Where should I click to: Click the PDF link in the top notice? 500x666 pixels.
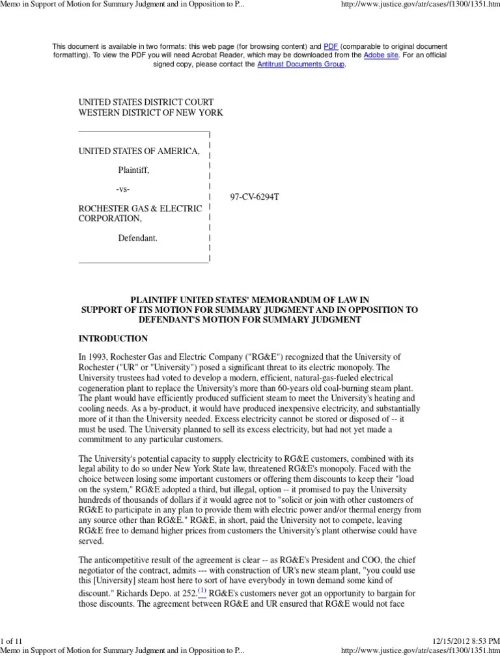coord(331,47)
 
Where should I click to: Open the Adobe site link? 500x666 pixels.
coord(380,56)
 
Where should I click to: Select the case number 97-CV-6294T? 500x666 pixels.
coord(256,196)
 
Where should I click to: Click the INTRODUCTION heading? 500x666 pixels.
coord(113,339)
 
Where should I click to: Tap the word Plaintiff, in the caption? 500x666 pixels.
coord(133,171)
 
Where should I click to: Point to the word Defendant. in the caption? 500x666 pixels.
coord(137,238)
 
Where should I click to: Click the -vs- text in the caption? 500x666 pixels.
coord(124,189)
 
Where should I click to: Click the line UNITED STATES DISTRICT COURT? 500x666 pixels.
coord(146,103)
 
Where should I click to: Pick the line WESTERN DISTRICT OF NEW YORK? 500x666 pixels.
coord(150,113)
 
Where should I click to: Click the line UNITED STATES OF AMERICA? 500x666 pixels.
coord(139,152)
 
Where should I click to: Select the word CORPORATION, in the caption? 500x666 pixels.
coord(110,219)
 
